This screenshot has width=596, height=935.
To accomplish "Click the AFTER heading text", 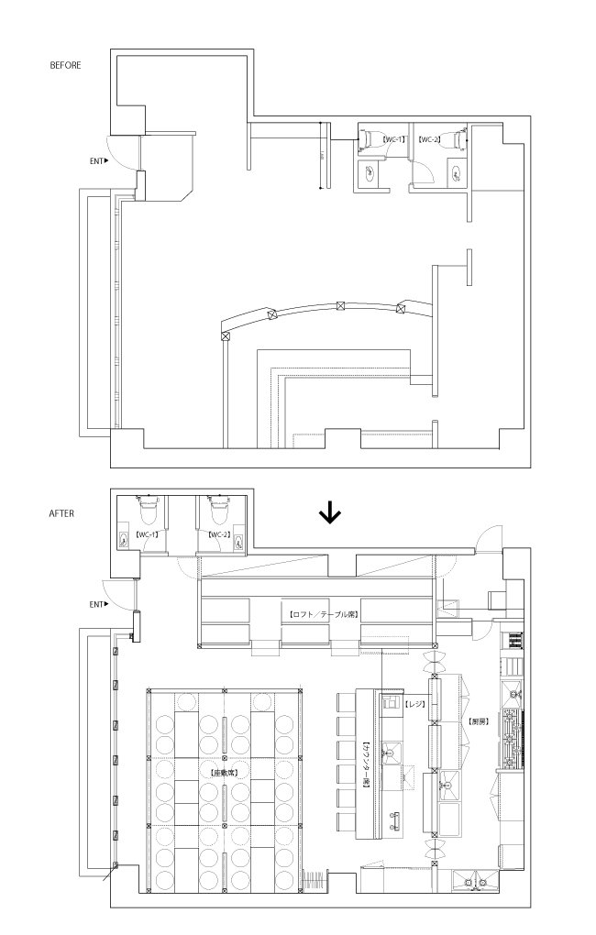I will coord(61,513).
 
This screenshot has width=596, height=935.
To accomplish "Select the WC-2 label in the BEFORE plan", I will coord(430,139).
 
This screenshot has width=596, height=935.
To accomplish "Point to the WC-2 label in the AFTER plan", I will coord(218,533).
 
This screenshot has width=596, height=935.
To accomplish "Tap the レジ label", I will coord(414,704).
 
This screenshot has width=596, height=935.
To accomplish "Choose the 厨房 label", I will coord(478,721).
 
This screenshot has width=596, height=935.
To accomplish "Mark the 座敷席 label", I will coord(224,773).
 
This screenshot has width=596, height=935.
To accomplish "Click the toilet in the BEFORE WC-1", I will coord(370,137).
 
